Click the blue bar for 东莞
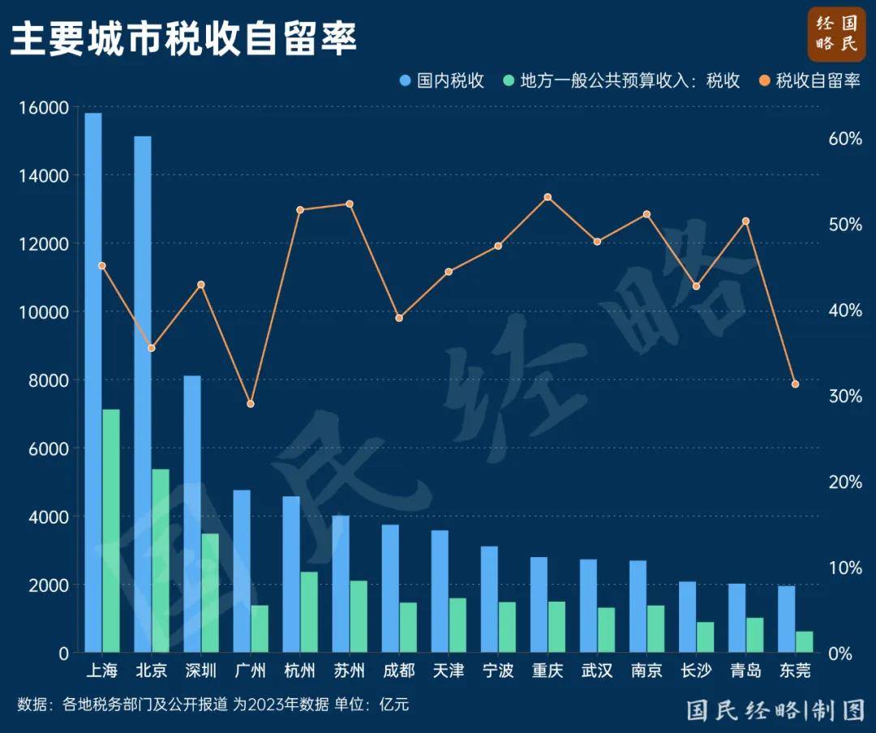click(786, 619)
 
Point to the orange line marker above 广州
click(251, 403)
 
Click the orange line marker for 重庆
click(547, 197)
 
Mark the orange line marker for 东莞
click(795, 384)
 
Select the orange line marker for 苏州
click(350, 204)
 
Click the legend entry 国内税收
click(442, 81)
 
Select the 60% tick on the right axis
click(844, 139)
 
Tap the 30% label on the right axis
click(844, 396)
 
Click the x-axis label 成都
click(398, 671)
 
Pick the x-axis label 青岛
click(745, 671)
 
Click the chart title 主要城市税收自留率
click(183, 39)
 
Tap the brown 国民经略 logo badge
click(836, 34)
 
